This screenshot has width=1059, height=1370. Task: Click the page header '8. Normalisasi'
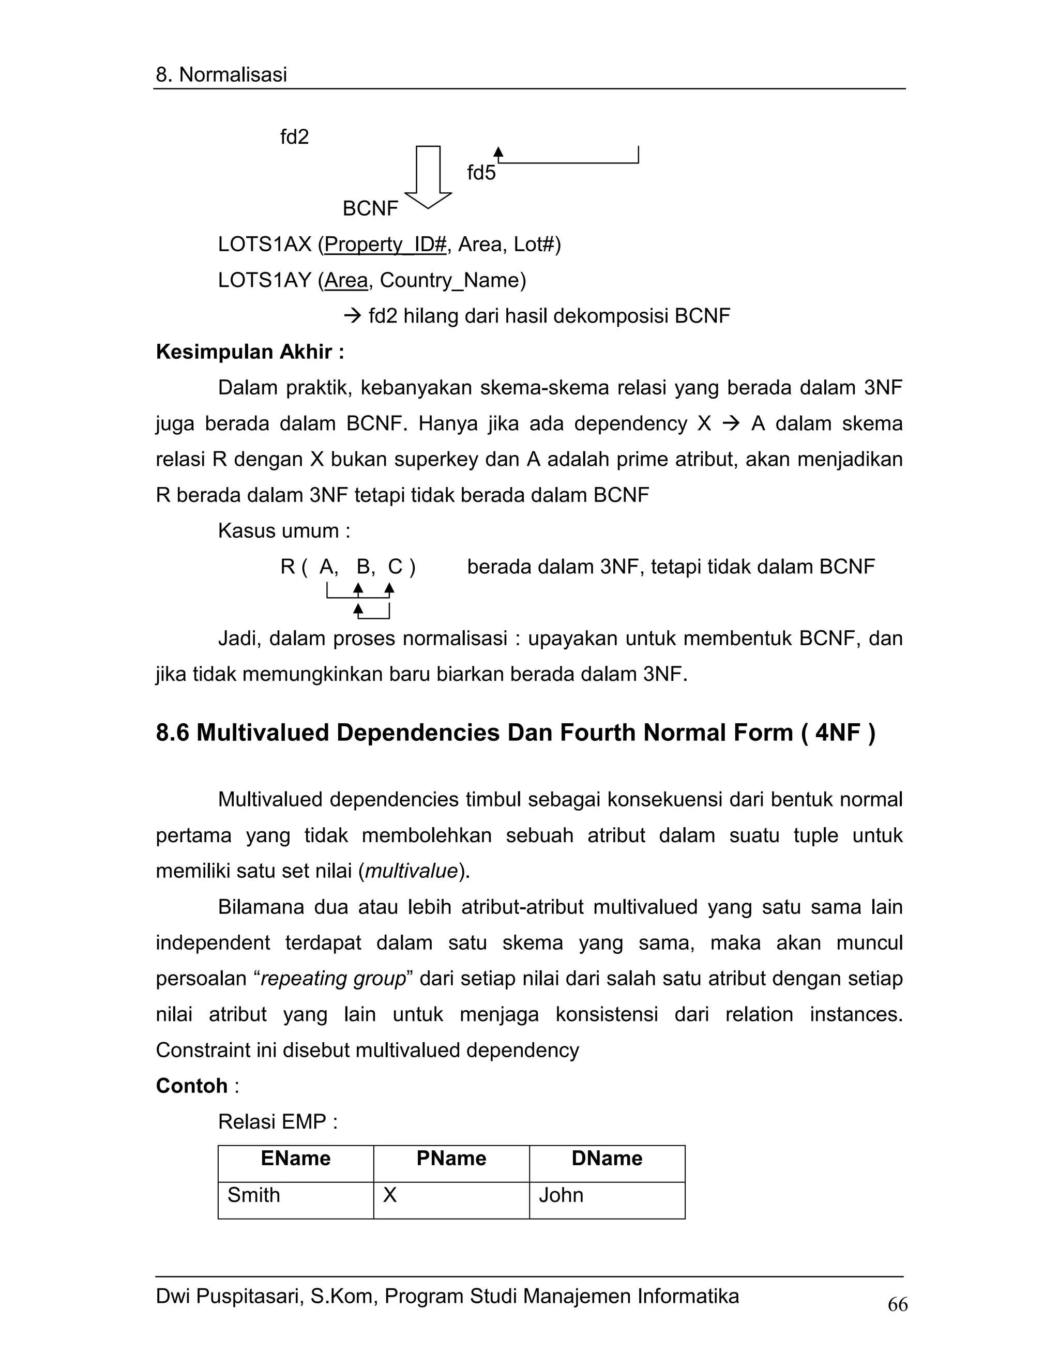coord(221,74)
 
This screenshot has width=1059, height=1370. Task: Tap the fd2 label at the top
coord(294,137)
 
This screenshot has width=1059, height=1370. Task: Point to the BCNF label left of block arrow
coord(370,208)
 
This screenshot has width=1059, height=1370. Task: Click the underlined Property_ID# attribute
coord(385,244)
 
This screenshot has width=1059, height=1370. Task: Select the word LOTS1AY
coord(264,280)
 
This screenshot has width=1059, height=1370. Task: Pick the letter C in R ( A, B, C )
coord(395,567)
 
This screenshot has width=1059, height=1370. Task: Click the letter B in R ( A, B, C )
coord(363,567)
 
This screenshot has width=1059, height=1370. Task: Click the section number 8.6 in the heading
coord(173,732)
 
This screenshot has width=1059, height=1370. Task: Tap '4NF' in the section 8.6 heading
coord(837,732)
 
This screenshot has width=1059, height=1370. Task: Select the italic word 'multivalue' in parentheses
coord(411,871)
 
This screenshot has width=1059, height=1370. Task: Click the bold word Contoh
coord(191,1085)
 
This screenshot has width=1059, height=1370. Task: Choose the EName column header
coord(295,1158)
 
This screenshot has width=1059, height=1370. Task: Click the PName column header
coord(451,1158)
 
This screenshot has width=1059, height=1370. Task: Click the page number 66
coord(897,1305)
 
